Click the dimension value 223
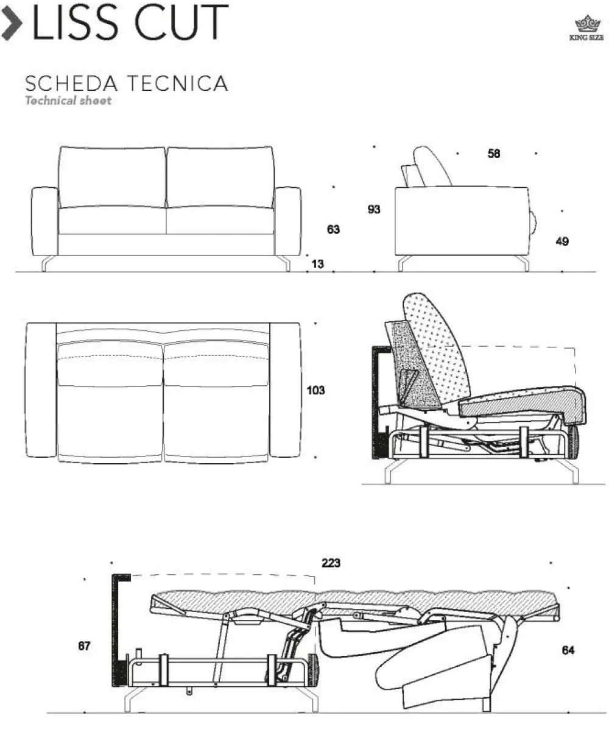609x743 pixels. coord(331,563)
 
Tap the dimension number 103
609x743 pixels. coord(315,390)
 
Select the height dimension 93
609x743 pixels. coord(374,209)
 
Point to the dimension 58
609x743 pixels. coord(494,153)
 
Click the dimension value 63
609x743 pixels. coord(333,229)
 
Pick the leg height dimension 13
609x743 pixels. coord(317,264)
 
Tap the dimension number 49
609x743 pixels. coord(562,241)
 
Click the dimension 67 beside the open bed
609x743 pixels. coord(84,645)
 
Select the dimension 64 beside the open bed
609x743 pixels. coord(568,650)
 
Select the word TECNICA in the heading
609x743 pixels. coord(177,84)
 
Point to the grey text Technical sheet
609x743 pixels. coord(68,101)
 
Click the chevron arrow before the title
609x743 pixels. coord(12,23)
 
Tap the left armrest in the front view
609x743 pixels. coord(44,221)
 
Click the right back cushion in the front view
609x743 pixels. coord(220,177)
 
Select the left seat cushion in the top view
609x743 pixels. coord(110,402)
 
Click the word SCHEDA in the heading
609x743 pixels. coord(71,84)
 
